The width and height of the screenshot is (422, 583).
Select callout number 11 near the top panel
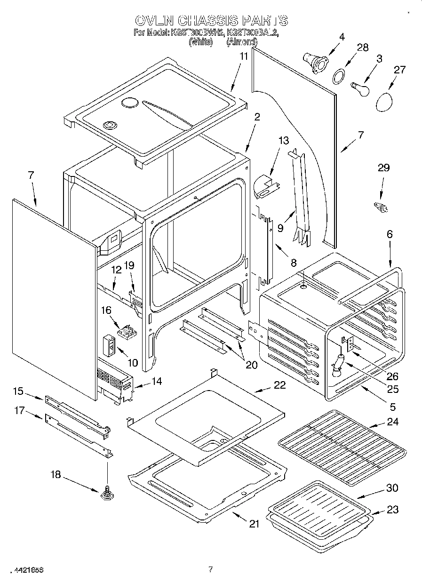tap(243, 56)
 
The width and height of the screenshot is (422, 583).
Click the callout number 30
tap(392, 488)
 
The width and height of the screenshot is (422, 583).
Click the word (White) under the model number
tap(200, 41)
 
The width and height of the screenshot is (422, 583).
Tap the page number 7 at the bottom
tap(211, 570)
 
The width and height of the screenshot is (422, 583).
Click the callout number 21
tap(254, 524)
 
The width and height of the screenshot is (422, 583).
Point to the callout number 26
tap(392, 376)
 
